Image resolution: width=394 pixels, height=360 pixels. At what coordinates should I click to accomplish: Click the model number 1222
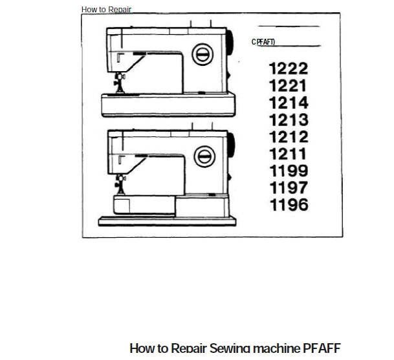point(289,69)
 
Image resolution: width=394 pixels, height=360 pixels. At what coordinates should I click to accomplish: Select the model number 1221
point(289,85)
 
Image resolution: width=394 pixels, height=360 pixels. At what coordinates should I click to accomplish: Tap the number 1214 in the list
point(289,103)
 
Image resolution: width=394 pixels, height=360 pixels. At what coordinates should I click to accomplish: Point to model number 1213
point(289,120)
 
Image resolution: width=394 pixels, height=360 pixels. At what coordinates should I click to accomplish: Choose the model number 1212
point(289,137)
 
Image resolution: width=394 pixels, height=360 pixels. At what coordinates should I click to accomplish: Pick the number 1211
point(289,154)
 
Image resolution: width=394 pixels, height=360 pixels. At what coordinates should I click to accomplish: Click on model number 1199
point(289,171)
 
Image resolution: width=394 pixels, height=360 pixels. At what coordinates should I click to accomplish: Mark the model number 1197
point(289,188)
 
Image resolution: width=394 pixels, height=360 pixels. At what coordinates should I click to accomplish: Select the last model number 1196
point(289,206)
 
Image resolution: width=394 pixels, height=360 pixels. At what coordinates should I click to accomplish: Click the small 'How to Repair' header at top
point(106,10)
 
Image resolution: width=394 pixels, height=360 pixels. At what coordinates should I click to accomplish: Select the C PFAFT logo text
point(263,41)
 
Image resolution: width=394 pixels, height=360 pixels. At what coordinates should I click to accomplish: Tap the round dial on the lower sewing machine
point(204,154)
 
